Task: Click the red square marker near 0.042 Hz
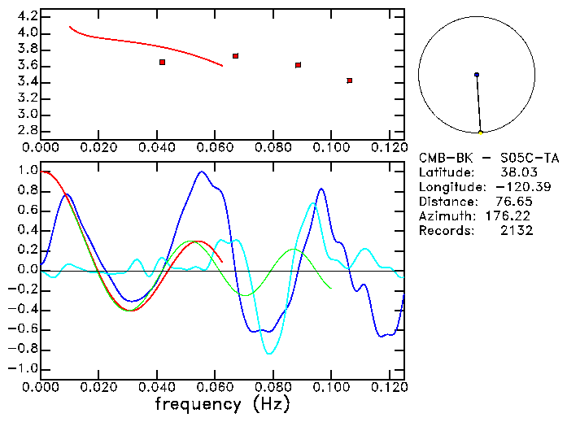point(163,62)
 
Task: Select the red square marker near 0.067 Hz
point(235,56)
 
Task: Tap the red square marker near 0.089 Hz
point(299,65)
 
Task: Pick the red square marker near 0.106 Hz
point(349,80)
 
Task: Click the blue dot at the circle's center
point(477,75)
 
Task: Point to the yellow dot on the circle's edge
point(481,133)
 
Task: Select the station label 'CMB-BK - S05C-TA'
point(489,158)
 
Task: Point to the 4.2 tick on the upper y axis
point(25,16)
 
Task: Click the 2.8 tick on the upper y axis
point(25,130)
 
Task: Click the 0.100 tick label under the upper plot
point(331,147)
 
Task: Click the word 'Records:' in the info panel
point(445,231)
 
